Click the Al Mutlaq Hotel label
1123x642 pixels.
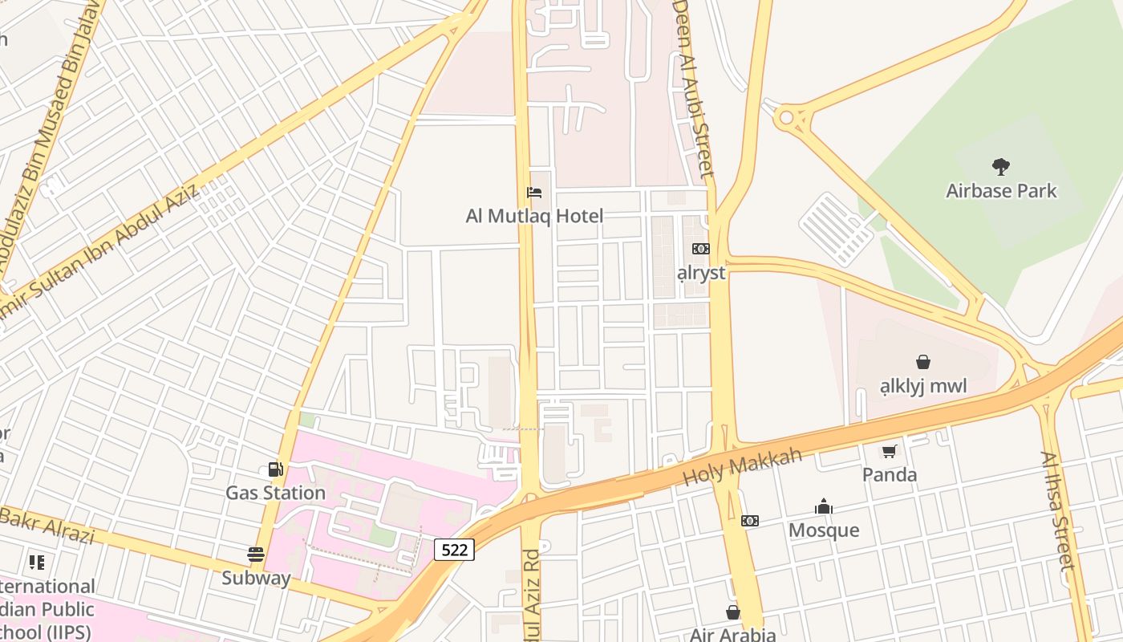534,216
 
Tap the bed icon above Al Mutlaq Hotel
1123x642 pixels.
534,193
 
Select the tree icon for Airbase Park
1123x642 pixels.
1000,167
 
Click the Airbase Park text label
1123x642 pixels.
1001,191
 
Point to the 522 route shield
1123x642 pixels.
454,550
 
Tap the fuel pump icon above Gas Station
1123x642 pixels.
275,469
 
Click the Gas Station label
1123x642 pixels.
275,492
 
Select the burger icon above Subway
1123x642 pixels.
256,554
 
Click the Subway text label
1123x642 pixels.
256,578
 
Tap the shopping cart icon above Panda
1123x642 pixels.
889,452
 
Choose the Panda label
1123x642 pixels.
889,474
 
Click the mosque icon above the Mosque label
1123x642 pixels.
824,507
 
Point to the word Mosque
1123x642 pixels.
824,530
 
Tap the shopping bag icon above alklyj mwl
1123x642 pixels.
923,362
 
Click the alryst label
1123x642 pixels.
701,273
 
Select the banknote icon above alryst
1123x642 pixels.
701,249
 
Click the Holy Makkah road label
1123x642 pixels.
742,467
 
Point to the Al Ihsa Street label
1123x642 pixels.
1057,510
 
